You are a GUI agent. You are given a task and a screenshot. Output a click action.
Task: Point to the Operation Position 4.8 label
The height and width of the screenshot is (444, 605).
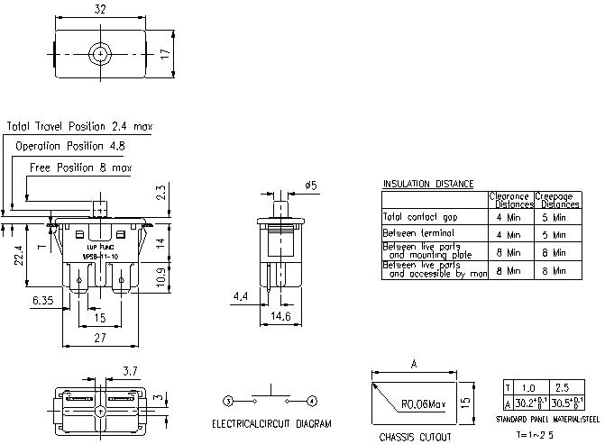(x=70, y=145)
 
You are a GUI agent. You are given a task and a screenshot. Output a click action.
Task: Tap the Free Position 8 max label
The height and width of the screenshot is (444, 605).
(x=81, y=168)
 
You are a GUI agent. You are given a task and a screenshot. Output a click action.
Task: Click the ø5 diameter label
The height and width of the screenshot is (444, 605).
(x=310, y=186)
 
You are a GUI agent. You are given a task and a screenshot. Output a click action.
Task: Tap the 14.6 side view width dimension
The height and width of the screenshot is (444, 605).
(x=281, y=316)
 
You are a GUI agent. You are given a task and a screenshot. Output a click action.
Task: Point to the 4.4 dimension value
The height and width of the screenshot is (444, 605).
(x=240, y=296)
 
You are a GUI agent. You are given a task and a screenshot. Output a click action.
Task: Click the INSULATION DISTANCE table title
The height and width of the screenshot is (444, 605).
(x=428, y=184)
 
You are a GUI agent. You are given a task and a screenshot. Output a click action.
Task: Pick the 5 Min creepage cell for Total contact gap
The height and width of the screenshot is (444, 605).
(x=553, y=217)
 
